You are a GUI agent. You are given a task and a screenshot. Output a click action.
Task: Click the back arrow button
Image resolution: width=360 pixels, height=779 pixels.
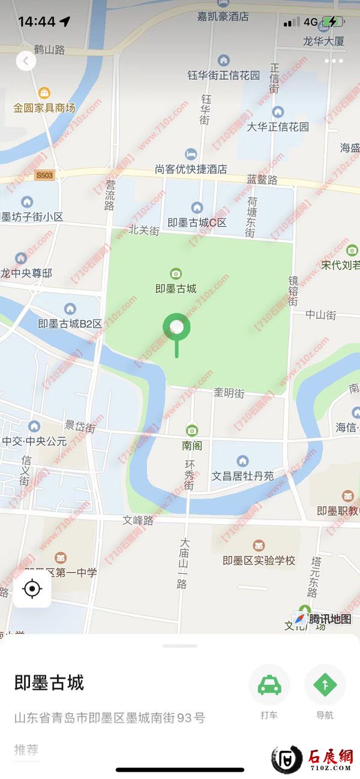(26, 61)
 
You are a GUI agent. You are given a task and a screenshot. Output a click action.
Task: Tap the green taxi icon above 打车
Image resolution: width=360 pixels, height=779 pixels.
(269, 685)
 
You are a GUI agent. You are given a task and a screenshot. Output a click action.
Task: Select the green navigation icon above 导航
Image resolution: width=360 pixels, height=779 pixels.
(325, 685)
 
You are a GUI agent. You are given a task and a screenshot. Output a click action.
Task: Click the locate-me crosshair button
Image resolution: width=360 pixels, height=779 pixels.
(32, 589)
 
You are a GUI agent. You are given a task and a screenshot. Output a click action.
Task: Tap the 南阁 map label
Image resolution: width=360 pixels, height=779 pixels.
(191, 446)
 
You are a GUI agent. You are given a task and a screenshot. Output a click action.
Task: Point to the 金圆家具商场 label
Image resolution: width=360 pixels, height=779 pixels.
(45, 108)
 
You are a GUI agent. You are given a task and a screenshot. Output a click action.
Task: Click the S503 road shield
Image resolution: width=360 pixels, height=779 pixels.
(44, 176)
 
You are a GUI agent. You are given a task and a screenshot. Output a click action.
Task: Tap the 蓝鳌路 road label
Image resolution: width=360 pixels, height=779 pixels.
(262, 179)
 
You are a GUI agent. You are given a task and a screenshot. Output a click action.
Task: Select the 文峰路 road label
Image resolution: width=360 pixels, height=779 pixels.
(138, 521)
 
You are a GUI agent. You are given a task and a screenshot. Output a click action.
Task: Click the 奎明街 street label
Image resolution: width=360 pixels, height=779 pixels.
(229, 393)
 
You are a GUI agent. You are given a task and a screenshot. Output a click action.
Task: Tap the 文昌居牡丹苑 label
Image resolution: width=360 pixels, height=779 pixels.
(242, 476)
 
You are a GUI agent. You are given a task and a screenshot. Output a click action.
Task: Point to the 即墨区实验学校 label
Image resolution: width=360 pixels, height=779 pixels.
(259, 561)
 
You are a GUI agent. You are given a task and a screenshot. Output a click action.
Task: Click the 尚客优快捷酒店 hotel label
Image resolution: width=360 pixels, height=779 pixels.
(191, 170)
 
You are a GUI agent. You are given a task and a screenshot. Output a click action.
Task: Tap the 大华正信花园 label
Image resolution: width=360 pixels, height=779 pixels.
(278, 127)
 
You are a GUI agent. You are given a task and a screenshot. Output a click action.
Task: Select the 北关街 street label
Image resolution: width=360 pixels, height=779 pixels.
(144, 230)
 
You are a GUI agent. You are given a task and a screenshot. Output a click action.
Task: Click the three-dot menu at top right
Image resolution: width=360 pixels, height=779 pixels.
(333, 61)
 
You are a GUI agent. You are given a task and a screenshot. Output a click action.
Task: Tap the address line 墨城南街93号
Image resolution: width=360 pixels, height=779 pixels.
(110, 717)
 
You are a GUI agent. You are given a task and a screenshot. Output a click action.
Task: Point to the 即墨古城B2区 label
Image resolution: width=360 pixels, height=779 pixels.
(70, 323)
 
